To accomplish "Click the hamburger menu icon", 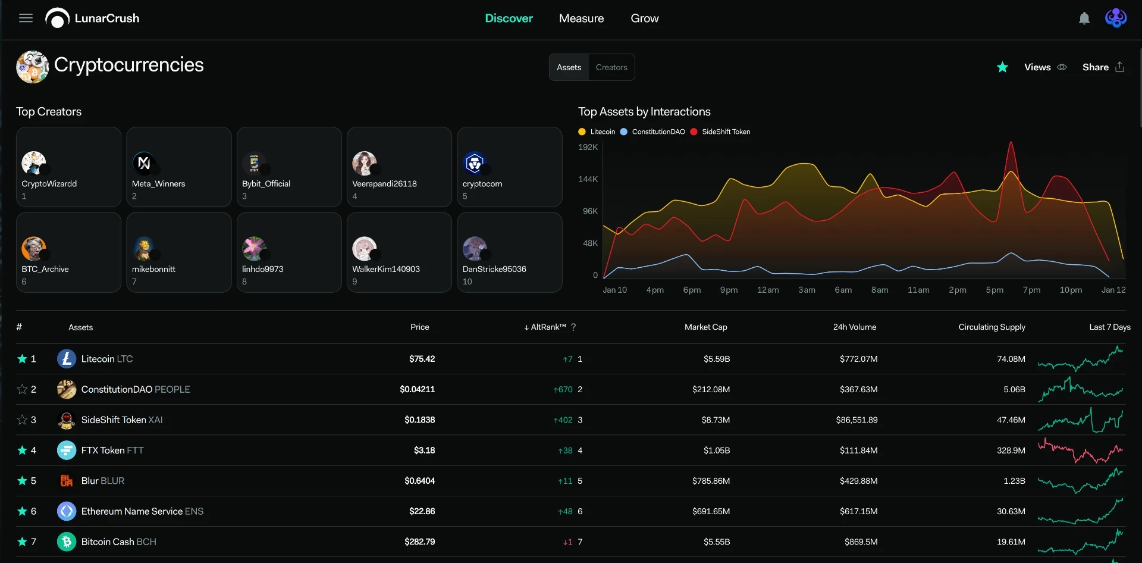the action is [x=26, y=18].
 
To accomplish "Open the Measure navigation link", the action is [x=581, y=18].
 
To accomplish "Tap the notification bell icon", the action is [x=1084, y=18].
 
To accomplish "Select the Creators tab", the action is [x=611, y=67].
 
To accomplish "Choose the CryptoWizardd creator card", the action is [x=69, y=167].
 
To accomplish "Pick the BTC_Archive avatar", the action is [x=34, y=249].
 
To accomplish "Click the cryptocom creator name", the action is [x=482, y=184].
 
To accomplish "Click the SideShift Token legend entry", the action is [x=720, y=132].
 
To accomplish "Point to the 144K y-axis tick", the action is [x=588, y=179].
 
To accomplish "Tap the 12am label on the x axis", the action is [x=768, y=290].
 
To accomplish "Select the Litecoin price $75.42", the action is [x=422, y=359].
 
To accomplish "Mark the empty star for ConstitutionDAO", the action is [x=22, y=389].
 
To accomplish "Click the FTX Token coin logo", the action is [x=67, y=451].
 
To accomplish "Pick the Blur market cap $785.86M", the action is [x=711, y=481].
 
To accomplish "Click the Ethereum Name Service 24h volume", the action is [x=858, y=511].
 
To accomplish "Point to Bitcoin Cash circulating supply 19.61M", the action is [x=1011, y=542].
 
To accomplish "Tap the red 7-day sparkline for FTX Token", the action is [x=1080, y=451].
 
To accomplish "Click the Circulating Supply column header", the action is [x=992, y=327].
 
